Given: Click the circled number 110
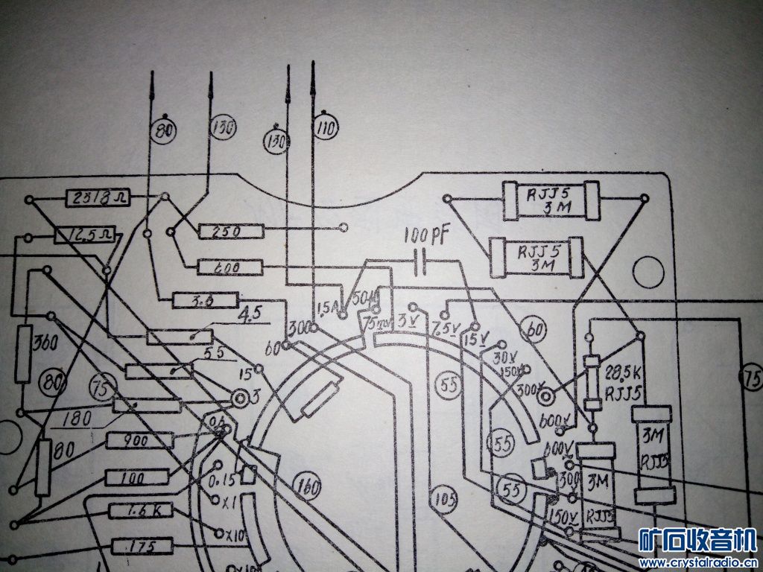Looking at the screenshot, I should [x=325, y=128].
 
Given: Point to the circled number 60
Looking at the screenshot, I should [x=534, y=329].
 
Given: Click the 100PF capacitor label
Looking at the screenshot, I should [x=427, y=238].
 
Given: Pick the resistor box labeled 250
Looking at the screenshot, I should [x=231, y=232].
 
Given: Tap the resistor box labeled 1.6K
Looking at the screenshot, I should [x=140, y=511].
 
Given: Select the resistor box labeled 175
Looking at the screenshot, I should [x=142, y=547].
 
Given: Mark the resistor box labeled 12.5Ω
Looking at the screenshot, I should [x=77, y=237].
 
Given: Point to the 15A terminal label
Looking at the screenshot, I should [x=327, y=308].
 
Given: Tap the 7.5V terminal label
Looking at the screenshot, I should [x=445, y=327].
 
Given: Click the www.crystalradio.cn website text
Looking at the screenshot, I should [x=699, y=562].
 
